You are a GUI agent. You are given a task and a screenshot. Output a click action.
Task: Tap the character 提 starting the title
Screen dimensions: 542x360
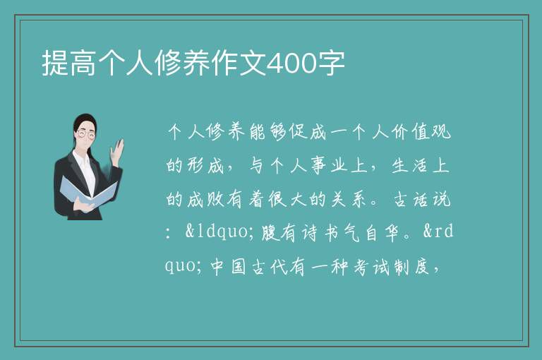(54, 63)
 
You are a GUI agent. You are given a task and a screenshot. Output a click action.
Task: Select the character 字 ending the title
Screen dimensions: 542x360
(331, 63)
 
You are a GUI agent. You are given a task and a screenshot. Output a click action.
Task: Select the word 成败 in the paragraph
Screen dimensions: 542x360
(206, 199)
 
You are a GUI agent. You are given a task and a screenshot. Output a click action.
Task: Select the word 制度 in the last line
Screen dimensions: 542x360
(411, 267)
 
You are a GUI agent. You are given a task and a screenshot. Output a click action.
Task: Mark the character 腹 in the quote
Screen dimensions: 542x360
(270, 233)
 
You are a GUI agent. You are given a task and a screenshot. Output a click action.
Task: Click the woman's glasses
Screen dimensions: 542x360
(86, 134)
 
